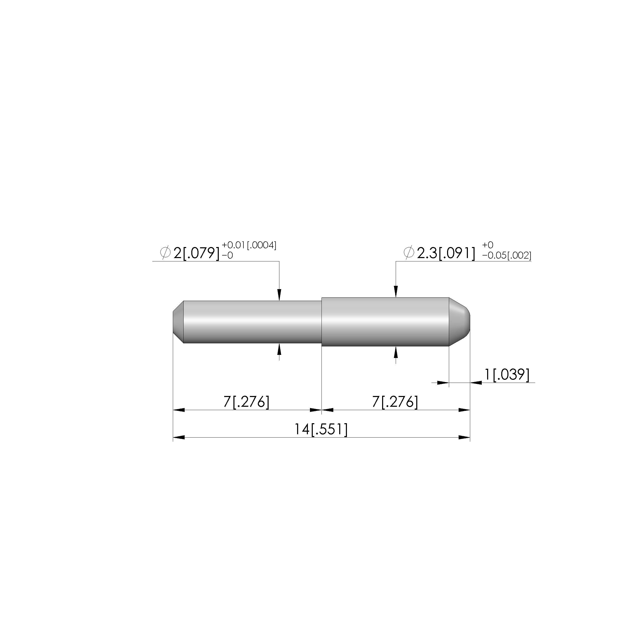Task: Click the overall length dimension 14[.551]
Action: (321, 429)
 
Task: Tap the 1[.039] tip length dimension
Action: (507, 374)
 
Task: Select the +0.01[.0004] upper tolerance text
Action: (249, 245)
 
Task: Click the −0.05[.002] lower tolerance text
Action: (507, 256)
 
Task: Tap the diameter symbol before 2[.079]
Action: (165, 253)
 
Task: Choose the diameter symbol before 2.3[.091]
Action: (409, 253)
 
